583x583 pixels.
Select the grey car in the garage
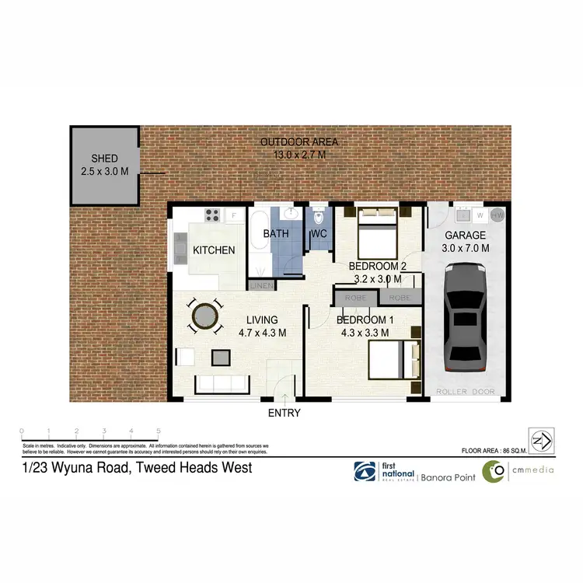(463, 319)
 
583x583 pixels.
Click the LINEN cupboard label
(260, 285)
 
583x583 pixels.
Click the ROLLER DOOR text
(463, 392)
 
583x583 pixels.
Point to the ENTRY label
(284, 413)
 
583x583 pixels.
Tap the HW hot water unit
(498, 214)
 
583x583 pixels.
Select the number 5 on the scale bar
(159, 430)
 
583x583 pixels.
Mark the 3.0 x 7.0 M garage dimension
(466, 248)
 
